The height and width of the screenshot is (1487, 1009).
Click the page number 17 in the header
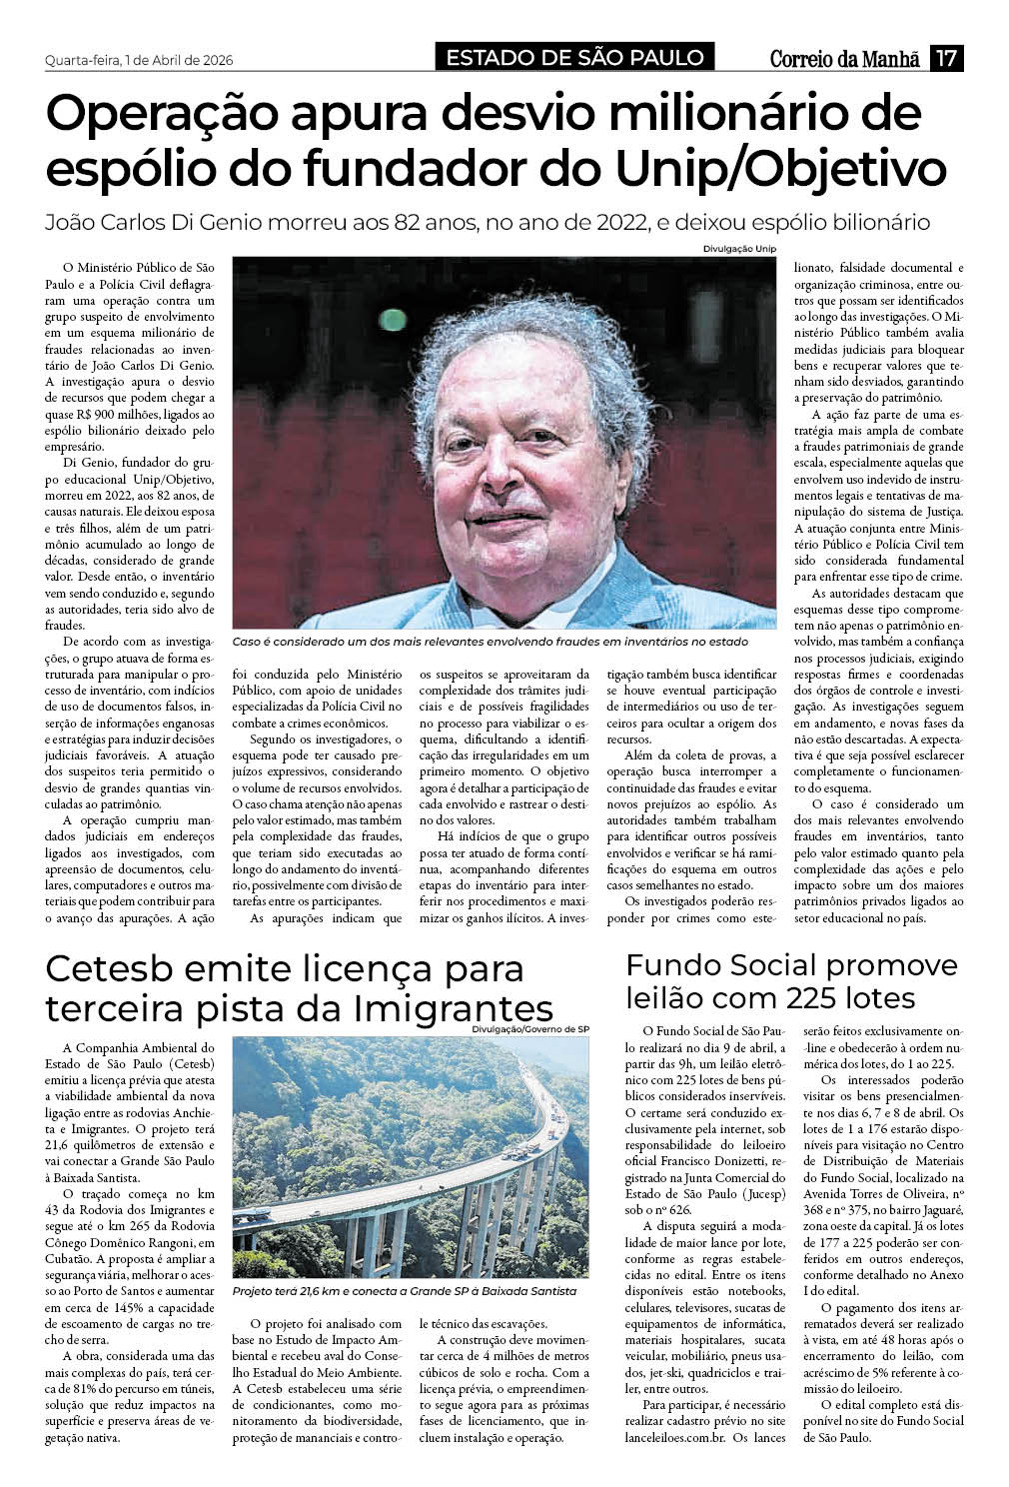pyautogui.click(x=946, y=59)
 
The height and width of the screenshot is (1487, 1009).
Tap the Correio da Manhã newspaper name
pyautogui.click(x=844, y=59)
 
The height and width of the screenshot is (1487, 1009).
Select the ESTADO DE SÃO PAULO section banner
pyautogui.click(x=574, y=58)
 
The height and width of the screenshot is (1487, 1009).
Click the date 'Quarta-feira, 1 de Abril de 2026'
pyautogui.click(x=139, y=60)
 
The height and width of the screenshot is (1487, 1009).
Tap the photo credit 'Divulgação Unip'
pyautogui.click(x=739, y=249)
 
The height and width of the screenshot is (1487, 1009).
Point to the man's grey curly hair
pyautogui.click(x=500, y=330)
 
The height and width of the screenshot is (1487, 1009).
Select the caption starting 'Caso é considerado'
pyautogui.click(x=490, y=642)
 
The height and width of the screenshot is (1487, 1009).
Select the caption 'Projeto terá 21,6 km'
pyautogui.click(x=405, y=1291)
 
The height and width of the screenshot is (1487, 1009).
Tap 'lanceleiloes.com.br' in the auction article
pyautogui.click(x=676, y=1438)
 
